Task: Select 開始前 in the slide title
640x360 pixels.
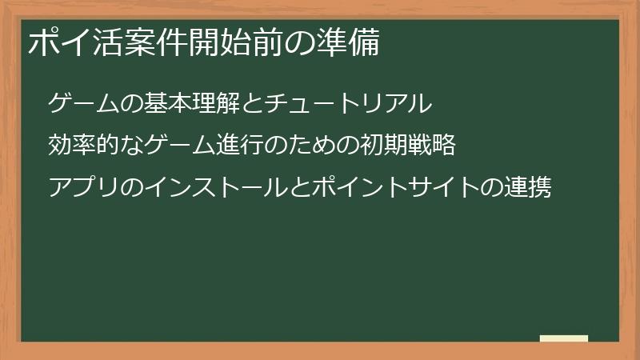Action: [x=236, y=44]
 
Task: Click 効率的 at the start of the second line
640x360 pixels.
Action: [x=83, y=146]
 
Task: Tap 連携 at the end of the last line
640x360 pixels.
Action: [x=528, y=189]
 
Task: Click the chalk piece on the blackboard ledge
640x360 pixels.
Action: [x=563, y=338]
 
